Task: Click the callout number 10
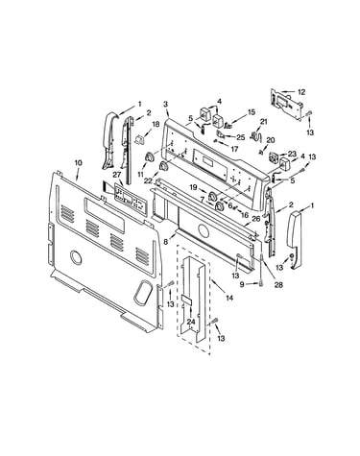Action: click(78, 162)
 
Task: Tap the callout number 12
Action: click(301, 92)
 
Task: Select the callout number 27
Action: click(116, 175)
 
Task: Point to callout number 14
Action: click(229, 298)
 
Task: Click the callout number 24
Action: click(191, 322)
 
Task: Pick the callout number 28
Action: click(278, 284)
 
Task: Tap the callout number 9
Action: click(242, 284)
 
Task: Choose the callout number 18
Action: click(156, 124)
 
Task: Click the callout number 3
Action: click(165, 104)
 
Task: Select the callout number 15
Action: click(252, 111)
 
